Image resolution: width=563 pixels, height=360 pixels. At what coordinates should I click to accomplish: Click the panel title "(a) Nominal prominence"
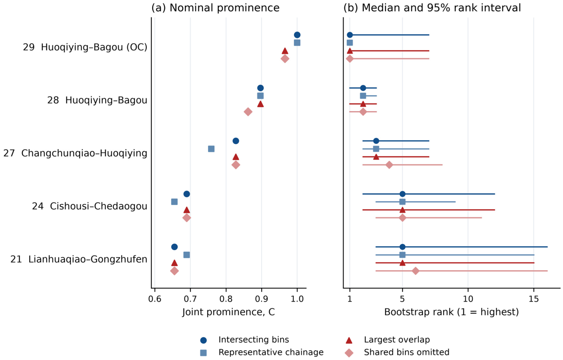(215, 8)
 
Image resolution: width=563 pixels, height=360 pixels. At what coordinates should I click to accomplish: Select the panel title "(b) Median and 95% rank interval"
(432, 8)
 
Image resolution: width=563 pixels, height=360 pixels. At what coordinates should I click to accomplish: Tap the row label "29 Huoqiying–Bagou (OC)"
(85, 47)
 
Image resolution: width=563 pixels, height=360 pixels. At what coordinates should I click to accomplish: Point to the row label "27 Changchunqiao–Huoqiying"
(75, 153)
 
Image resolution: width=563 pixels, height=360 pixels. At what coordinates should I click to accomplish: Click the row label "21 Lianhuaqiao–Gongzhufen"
(79, 259)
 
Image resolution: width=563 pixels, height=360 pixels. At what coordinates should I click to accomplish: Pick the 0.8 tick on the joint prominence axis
(226, 299)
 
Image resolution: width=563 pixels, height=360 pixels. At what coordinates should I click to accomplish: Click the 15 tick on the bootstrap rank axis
(534, 299)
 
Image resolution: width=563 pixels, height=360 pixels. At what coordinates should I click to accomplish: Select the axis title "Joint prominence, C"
(228, 312)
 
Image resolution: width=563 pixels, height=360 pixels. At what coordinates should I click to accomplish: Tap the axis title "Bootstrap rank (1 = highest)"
(451, 312)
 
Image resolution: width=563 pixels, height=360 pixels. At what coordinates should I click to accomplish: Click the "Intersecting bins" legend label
(253, 339)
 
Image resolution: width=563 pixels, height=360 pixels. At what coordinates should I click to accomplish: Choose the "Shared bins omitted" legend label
(406, 352)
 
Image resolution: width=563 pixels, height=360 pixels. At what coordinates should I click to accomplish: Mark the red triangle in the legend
(349, 340)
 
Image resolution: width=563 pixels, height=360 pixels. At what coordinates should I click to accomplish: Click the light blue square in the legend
(203, 353)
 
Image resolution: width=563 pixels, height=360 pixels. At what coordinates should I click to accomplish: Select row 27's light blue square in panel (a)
(211, 149)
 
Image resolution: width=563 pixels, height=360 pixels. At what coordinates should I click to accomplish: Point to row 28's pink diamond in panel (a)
(248, 112)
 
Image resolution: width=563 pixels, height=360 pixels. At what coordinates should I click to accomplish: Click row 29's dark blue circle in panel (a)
(297, 35)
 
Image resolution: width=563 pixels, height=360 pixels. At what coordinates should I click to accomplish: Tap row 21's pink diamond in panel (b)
(416, 271)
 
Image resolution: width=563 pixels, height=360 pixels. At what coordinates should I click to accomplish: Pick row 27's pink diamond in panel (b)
(389, 165)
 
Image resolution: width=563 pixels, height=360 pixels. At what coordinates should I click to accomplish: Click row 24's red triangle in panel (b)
(402, 210)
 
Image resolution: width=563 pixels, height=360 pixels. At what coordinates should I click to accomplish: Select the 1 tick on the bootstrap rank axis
(350, 299)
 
